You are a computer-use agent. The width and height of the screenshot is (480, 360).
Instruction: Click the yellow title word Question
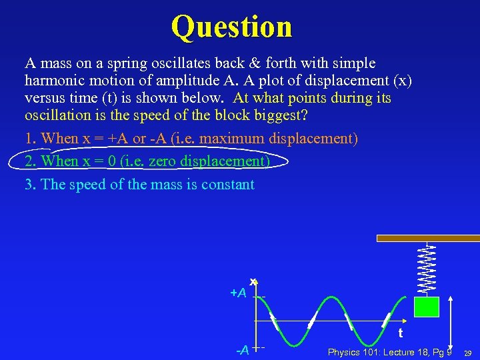[231, 27]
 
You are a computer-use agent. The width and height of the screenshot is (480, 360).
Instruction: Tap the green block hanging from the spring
[426, 307]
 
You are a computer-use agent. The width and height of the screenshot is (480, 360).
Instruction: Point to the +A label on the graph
[238, 293]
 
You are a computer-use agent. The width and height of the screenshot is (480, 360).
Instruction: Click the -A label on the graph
[242, 350]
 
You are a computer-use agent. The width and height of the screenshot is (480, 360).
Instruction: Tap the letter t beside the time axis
[400, 333]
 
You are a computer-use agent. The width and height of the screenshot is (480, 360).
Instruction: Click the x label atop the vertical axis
[253, 281]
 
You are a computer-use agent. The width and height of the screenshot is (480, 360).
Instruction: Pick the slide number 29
[468, 352]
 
